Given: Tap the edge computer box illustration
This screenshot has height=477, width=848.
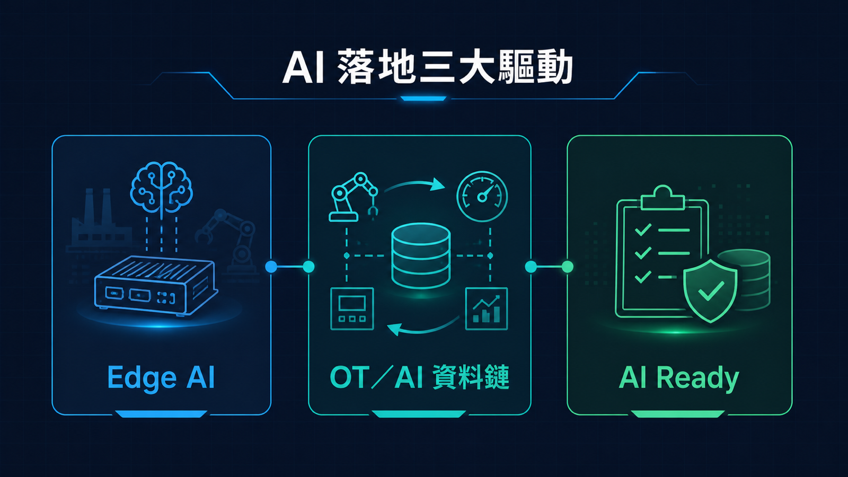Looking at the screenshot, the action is [156, 285].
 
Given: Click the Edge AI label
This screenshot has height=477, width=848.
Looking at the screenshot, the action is [161, 377].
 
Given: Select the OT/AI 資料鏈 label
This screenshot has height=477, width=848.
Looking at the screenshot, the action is [419, 377].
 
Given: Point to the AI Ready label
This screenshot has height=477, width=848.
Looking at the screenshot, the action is [679, 378].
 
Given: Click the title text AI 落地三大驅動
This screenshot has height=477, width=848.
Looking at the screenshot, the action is [427, 70].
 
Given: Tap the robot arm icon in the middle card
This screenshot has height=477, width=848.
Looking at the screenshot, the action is [354, 197].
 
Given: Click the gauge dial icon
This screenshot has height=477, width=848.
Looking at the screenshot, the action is [482, 196].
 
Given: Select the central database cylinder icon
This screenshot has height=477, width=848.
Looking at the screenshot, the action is [421, 256].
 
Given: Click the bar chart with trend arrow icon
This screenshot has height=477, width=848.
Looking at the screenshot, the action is [487, 309].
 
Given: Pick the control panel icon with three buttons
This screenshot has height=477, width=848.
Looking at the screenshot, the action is [352, 309].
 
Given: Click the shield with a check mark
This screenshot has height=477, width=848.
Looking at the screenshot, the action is [710, 291].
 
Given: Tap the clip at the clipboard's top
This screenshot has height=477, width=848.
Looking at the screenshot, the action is [662, 198].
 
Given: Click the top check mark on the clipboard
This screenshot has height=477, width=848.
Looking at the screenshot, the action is [643, 229].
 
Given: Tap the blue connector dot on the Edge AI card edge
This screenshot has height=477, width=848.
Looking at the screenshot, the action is [271, 267].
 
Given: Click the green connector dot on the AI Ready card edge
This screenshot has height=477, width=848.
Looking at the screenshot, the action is [567, 267].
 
